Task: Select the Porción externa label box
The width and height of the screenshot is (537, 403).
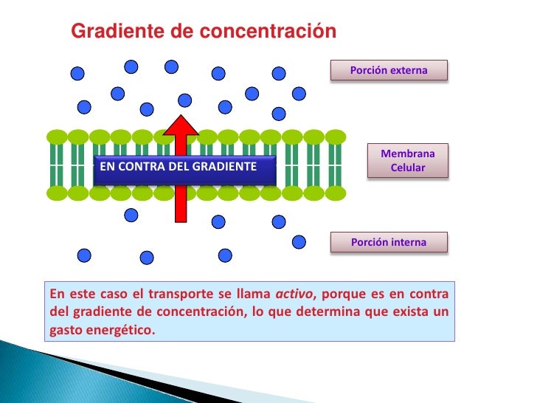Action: pos(389,70)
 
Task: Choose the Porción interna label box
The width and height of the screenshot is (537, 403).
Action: pos(389,241)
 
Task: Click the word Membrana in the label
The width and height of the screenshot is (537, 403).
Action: pos(408,154)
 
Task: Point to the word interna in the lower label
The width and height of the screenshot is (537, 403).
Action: pos(408,241)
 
